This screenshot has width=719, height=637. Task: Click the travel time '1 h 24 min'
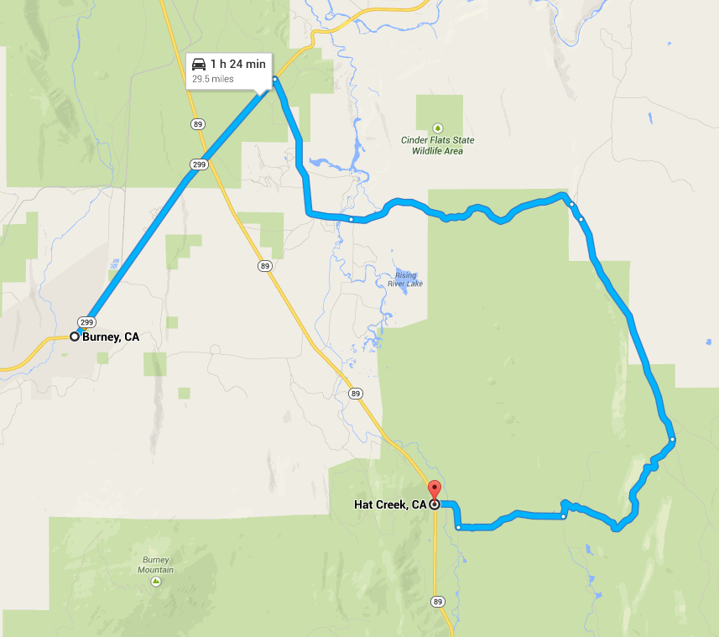(238, 64)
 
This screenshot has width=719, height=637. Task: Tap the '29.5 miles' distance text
(213, 79)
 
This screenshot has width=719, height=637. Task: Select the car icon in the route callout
(199, 64)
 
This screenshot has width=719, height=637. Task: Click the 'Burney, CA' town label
(111, 337)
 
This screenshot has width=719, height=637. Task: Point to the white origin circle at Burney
(75, 337)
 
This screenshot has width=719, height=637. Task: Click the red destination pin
(434, 490)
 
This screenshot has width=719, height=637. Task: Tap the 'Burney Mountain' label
(156, 565)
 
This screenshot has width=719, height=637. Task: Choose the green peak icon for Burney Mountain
(156, 581)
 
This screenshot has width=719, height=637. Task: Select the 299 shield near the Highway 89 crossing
(198, 164)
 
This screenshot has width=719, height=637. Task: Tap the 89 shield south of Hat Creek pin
(437, 601)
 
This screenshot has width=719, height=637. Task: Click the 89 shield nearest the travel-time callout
(196, 124)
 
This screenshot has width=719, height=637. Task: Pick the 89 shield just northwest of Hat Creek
(356, 393)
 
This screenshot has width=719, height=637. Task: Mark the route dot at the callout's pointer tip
(274, 80)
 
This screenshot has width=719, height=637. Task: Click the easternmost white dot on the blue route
(673, 439)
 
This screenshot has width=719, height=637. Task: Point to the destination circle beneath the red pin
(434, 504)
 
